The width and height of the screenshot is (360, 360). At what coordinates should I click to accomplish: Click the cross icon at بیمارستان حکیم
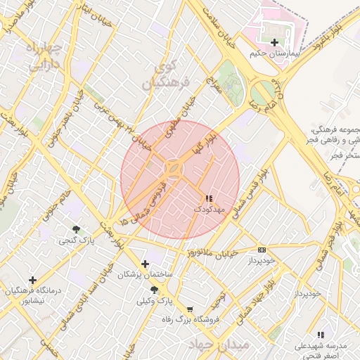pyautogui.click(x=274, y=42)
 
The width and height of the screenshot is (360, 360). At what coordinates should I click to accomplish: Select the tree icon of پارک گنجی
pyautogui.click(x=76, y=229)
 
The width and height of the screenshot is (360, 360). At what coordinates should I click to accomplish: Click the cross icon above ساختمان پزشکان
pyautogui.click(x=146, y=264)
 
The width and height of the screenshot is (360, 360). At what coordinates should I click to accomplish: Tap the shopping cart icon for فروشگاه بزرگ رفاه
pyautogui.click(x=189, y=309)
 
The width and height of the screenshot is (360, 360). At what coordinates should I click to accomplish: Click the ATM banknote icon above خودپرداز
pyautogui.click(x=262, y=250)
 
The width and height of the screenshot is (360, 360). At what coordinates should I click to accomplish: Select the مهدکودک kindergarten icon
pyautogui.click(x=207, y=199)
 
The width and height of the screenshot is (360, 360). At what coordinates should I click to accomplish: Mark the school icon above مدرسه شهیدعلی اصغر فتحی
pyautogui.click(x=321, y=335)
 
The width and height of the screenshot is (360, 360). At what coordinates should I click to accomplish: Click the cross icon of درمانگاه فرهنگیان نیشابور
pyautogui.click(x=32, y=280)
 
